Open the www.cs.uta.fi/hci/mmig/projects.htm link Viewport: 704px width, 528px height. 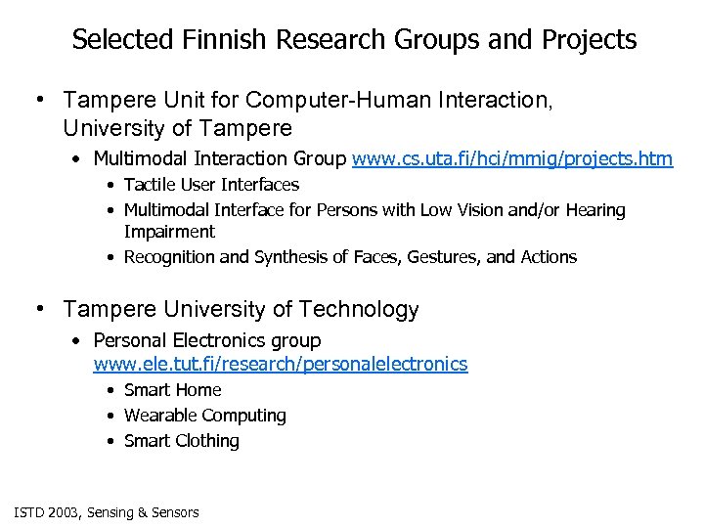[511, 158]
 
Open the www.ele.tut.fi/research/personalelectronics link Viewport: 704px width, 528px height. [280, 365]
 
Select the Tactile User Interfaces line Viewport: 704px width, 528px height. [211, 185]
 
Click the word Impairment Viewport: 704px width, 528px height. [169, 232]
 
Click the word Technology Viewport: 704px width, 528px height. [359, 310]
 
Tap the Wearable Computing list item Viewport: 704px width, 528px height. [204, 416]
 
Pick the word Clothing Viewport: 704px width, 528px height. [208, 441]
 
